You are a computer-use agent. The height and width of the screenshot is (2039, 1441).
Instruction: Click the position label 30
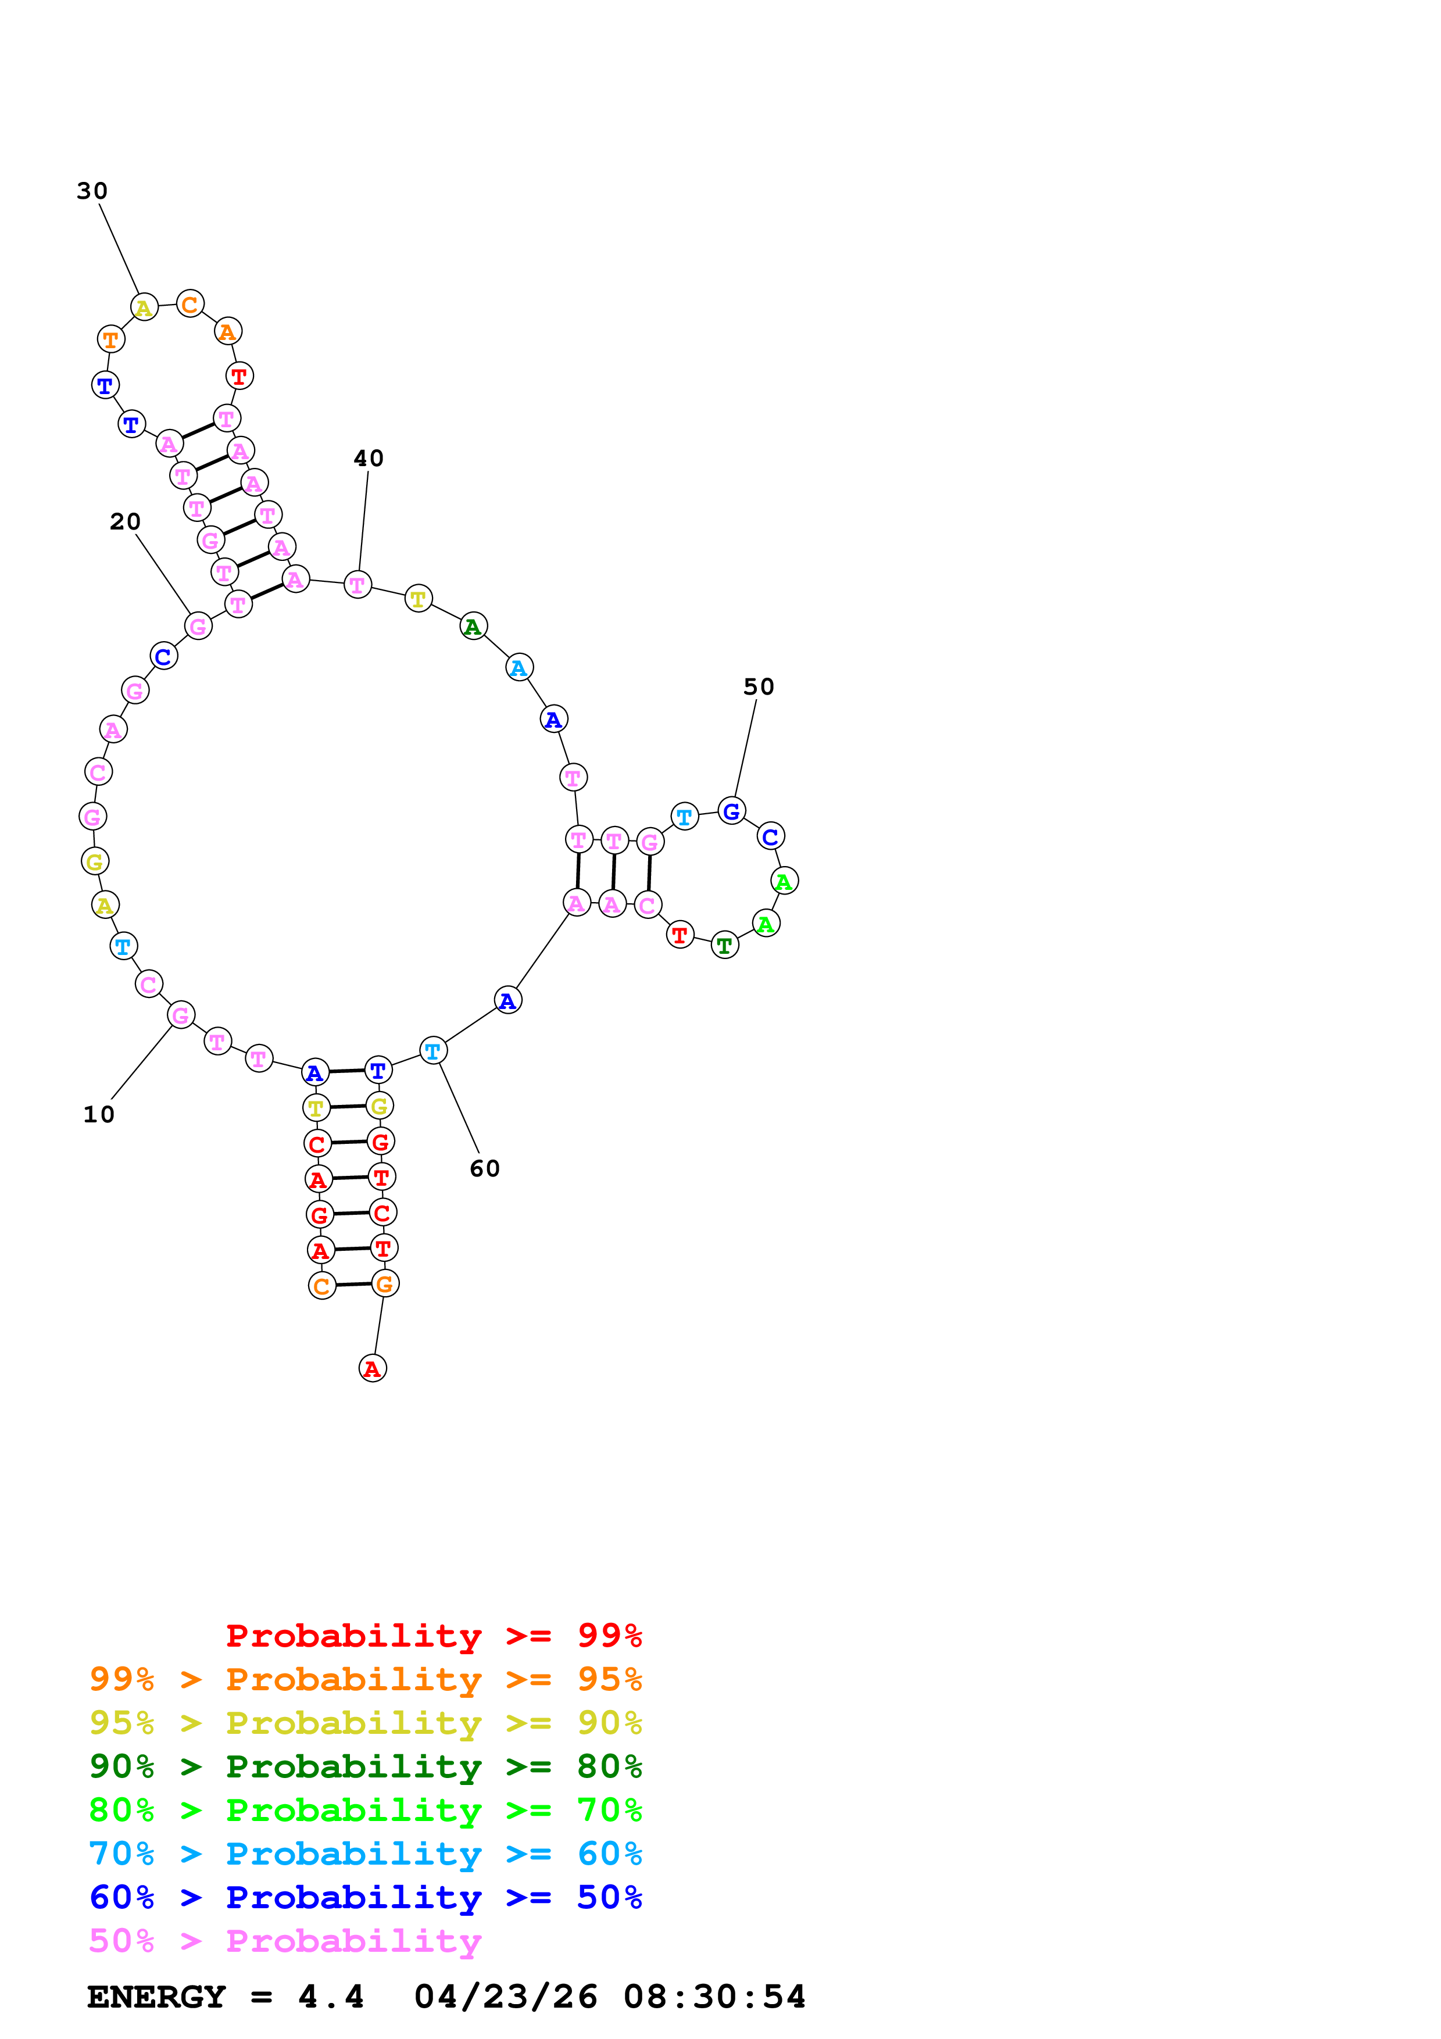92,191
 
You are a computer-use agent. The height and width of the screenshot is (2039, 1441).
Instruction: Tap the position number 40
369,458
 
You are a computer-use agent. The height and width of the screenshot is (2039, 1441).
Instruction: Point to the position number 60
485,1169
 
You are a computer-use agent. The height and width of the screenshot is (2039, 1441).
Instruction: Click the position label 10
99,1114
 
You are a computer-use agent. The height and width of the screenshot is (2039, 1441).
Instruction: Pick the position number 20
125,521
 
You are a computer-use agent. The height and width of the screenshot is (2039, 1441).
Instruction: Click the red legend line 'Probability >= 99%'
434,1636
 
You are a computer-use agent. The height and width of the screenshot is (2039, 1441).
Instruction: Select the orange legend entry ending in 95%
366,1679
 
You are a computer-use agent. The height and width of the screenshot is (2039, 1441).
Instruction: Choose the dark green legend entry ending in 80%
366,1766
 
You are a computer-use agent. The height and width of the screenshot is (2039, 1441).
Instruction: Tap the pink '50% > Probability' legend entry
285,1940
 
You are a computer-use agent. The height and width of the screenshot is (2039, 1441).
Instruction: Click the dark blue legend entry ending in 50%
366,1897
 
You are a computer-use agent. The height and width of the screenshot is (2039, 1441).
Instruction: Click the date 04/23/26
505,1997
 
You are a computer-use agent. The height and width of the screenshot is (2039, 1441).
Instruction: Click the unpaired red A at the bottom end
373,1368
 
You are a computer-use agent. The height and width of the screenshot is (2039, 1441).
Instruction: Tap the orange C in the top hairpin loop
190,305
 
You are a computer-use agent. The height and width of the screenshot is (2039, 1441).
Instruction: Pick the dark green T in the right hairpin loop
724,946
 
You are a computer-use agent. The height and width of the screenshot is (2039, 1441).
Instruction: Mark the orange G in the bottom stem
384,1284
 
